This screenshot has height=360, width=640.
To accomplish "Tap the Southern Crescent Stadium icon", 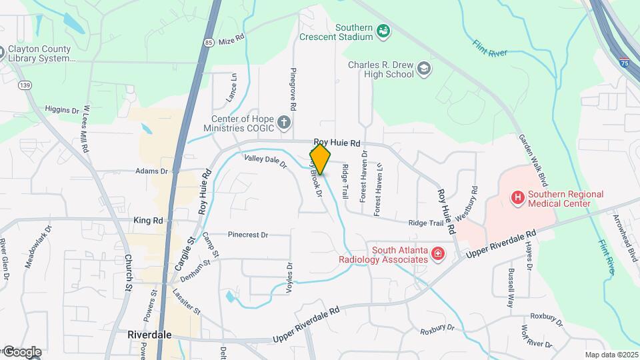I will (383, 30).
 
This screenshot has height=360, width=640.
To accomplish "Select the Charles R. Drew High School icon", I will (424, 69).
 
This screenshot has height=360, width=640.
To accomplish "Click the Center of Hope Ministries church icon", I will (284, 122).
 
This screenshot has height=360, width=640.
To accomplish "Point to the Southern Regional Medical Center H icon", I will (516, 198).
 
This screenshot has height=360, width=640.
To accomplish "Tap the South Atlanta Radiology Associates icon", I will (437, 254).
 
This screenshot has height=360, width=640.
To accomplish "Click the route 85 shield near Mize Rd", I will (209, 43).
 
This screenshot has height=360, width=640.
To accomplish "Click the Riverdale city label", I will (149, 335).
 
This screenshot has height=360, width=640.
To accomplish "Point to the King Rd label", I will (148, 220).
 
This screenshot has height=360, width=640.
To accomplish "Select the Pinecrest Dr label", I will (247, 235).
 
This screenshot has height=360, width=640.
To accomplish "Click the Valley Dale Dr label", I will (264, 160).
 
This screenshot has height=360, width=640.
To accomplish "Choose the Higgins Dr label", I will (62, 109).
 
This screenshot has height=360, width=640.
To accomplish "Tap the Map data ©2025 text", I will (610, 355).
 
